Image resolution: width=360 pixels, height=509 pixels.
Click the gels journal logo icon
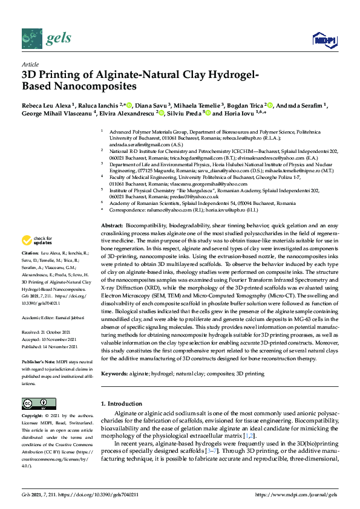31,39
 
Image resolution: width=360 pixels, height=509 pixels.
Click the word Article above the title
30,63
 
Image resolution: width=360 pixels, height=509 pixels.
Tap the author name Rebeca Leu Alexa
46,105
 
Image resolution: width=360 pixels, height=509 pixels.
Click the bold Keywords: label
114,374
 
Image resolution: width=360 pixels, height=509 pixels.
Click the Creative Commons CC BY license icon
35,403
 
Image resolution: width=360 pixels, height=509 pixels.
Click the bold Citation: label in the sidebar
30,269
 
